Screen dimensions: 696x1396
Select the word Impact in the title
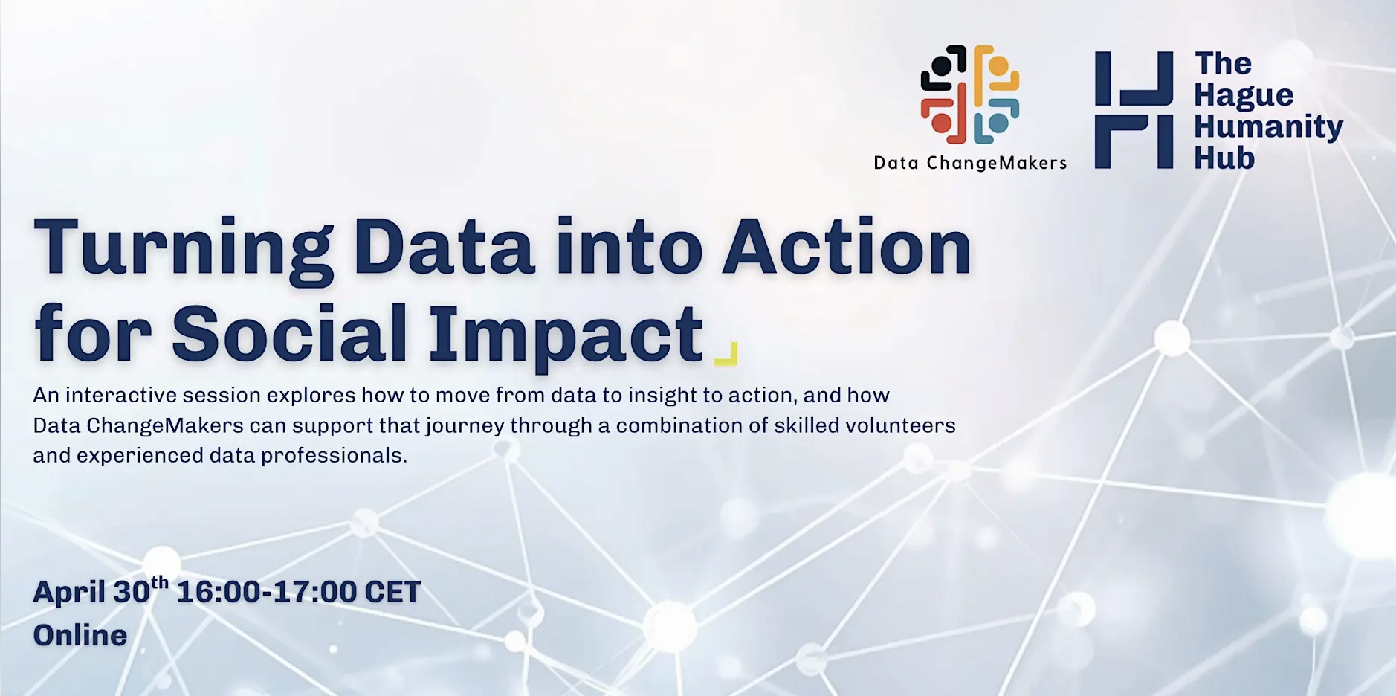565,335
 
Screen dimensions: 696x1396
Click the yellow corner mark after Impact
726,354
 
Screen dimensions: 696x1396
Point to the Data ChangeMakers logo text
970,163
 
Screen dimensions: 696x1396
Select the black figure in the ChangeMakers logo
943,68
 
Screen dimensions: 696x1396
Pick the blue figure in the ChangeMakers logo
996,121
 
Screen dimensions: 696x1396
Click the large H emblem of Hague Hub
1134,110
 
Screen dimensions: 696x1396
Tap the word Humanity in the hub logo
1268,126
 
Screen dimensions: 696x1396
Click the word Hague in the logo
1244,95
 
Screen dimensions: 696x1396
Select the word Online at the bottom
80,635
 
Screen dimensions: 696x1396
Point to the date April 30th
100,591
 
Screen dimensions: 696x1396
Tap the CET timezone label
392,592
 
